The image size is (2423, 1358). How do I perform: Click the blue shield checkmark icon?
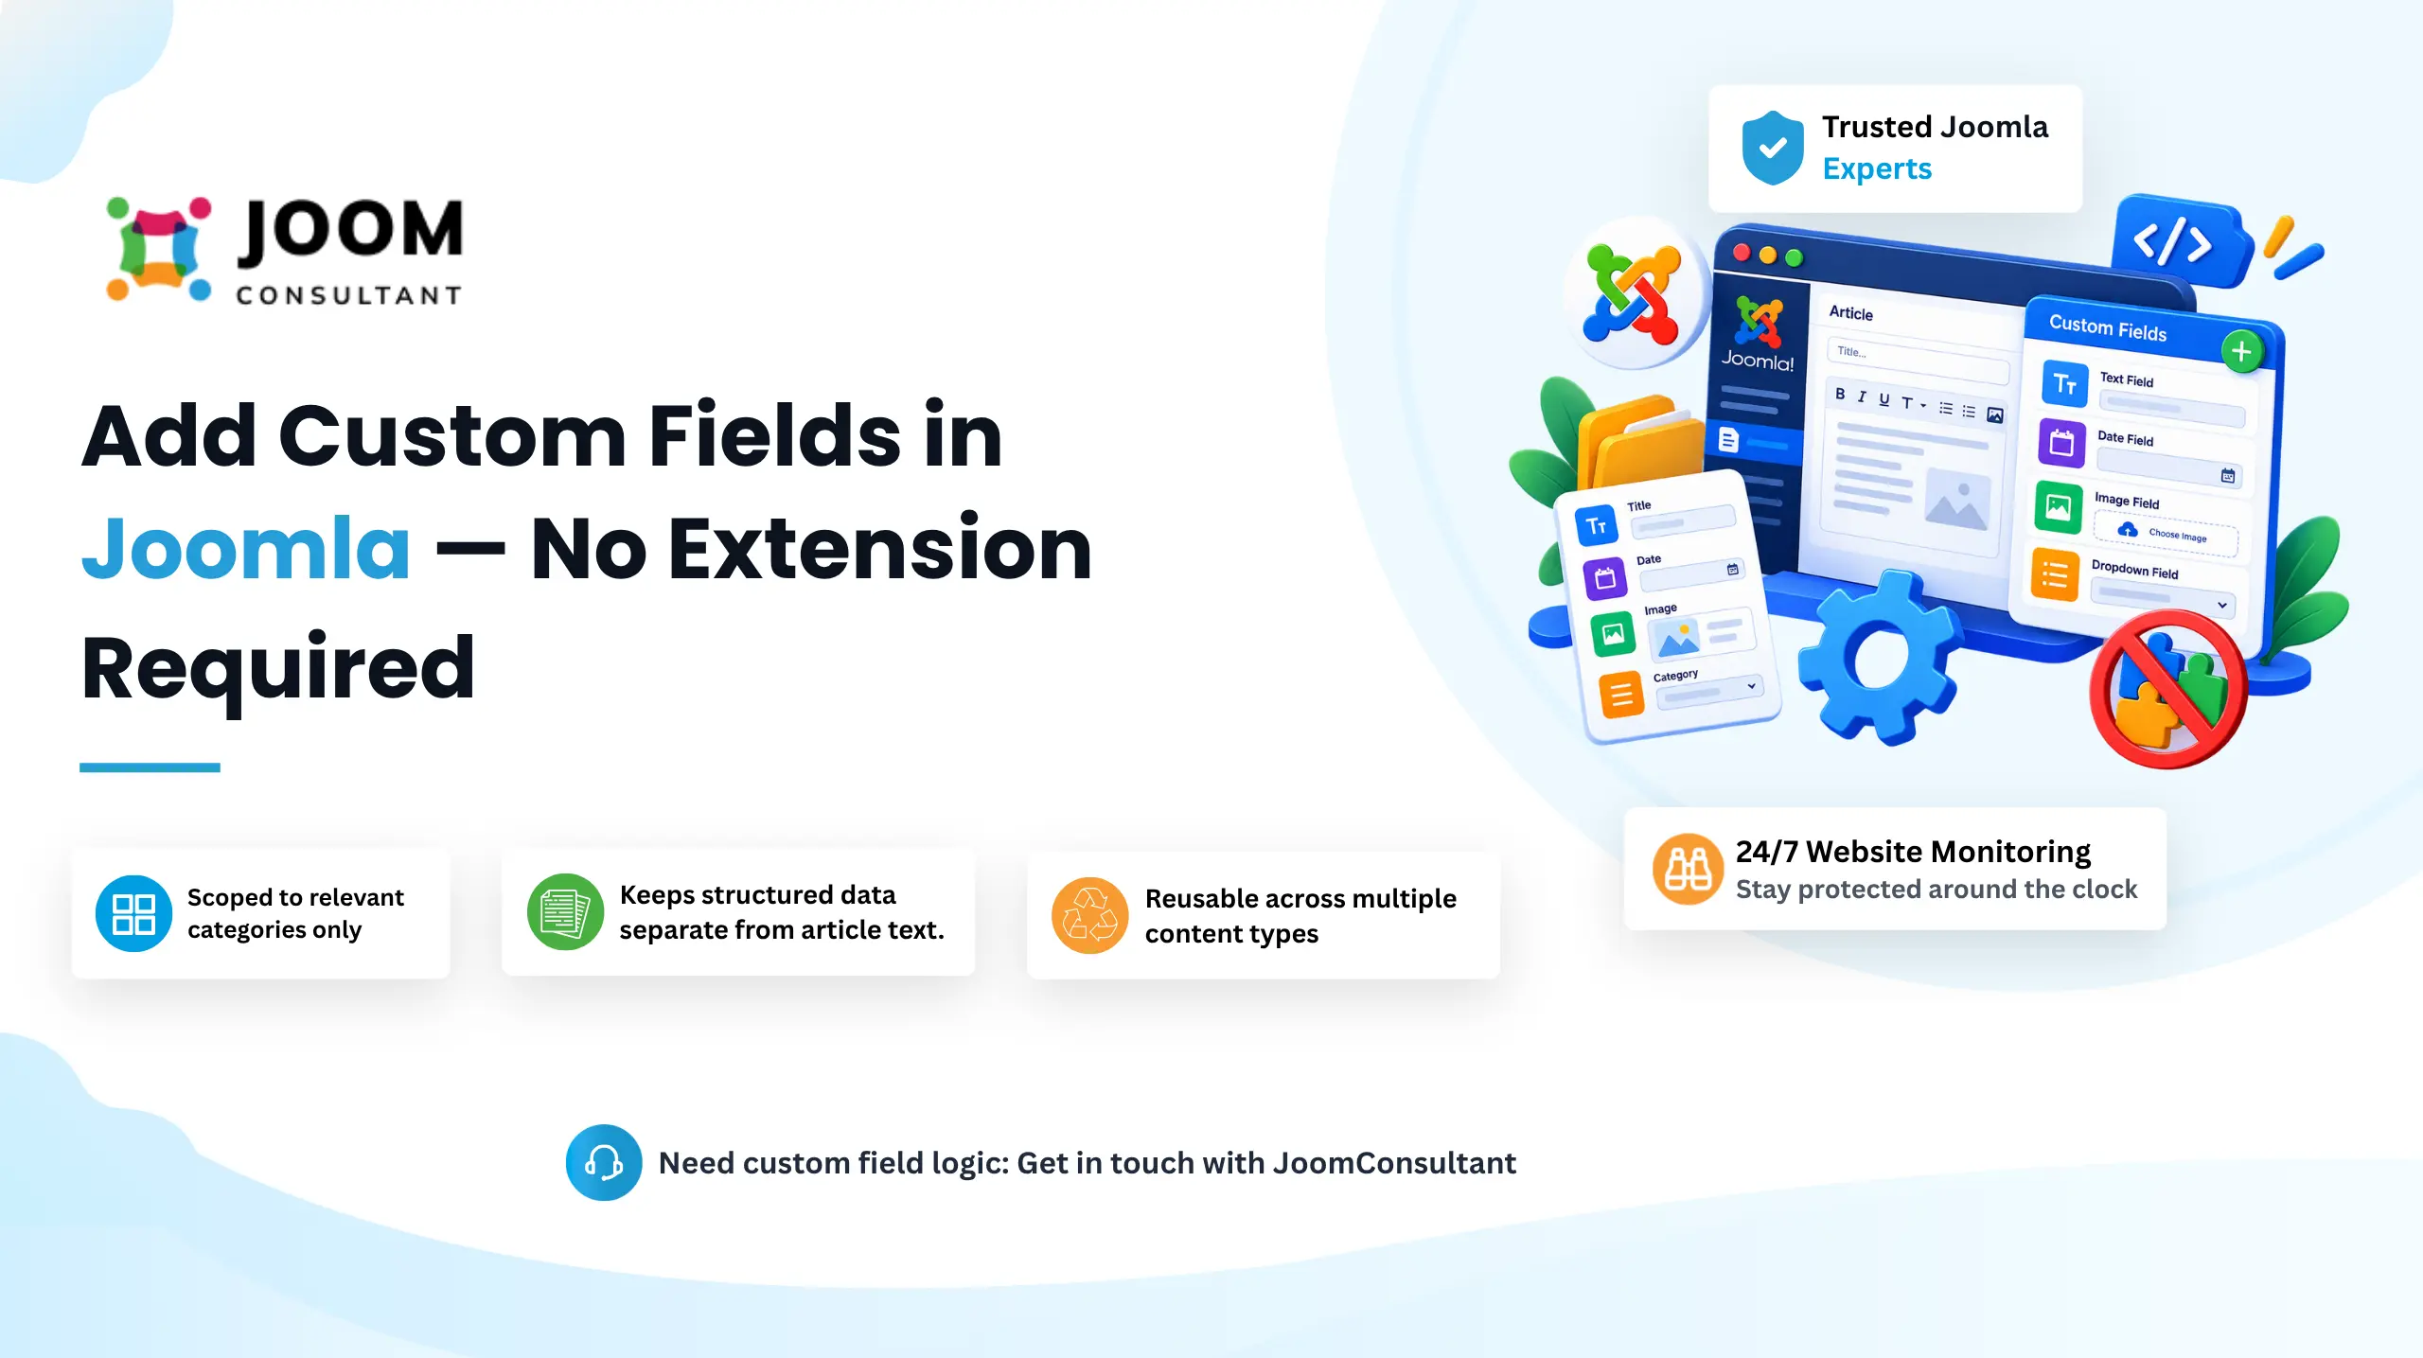[1773, 149]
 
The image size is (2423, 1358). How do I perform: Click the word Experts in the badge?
[1877, 168]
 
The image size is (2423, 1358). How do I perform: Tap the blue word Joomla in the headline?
[246, 548]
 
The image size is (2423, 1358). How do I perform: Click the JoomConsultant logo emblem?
[158, 249]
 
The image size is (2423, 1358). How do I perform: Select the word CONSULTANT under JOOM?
[348, 296]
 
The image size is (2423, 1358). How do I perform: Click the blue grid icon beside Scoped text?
[133, 913]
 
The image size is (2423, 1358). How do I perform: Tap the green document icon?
[565, 912]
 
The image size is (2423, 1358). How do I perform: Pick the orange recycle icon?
[1090, 915]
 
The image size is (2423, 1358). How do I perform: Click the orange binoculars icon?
[1688, 869]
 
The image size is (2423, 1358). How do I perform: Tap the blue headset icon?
[604, 1162]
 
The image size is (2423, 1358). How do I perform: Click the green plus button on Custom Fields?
[2241, 352]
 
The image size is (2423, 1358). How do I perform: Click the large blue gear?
[1878, 657]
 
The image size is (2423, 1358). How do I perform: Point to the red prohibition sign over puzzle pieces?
[2167, 688]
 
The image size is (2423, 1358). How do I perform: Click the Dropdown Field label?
[2134, 569]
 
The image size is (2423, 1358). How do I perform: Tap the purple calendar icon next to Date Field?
[2061, 442]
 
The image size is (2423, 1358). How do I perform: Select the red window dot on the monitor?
[1742, 252]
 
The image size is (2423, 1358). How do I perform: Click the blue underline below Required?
[150, 767]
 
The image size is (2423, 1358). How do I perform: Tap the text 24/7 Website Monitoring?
[1913, 852]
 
